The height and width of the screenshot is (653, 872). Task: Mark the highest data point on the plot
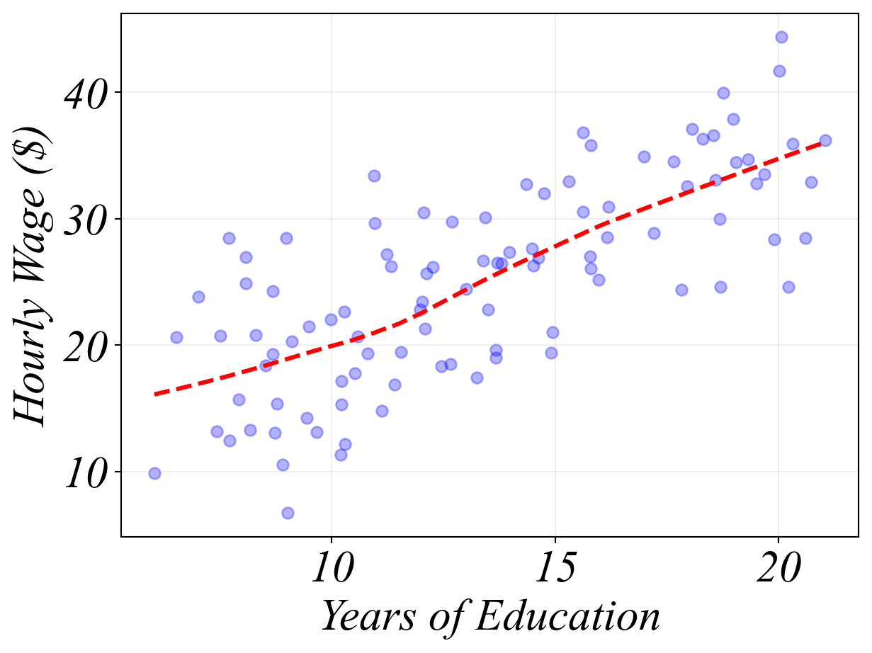click(x=781, y=37)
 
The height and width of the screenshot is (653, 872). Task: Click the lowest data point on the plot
click(x=288, y=513)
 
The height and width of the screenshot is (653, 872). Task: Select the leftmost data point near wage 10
click(x=154, y=473)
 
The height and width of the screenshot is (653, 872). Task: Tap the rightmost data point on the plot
click(x=825, y=140)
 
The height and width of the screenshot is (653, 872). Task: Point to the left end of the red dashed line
click(x=155, y=394)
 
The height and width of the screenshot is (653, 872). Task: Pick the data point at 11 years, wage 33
click(x=374, y=176)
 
